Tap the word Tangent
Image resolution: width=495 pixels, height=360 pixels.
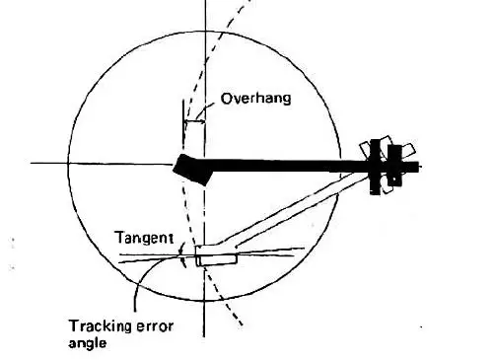tap(145, 238)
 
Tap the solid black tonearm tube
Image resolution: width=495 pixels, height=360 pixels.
tap(286, 165)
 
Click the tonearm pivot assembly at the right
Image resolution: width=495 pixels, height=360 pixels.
tap(383, 163)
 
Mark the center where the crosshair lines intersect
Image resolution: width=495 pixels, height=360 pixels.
tap(204, 164)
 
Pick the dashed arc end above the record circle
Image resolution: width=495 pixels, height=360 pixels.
tap(238, 5)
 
